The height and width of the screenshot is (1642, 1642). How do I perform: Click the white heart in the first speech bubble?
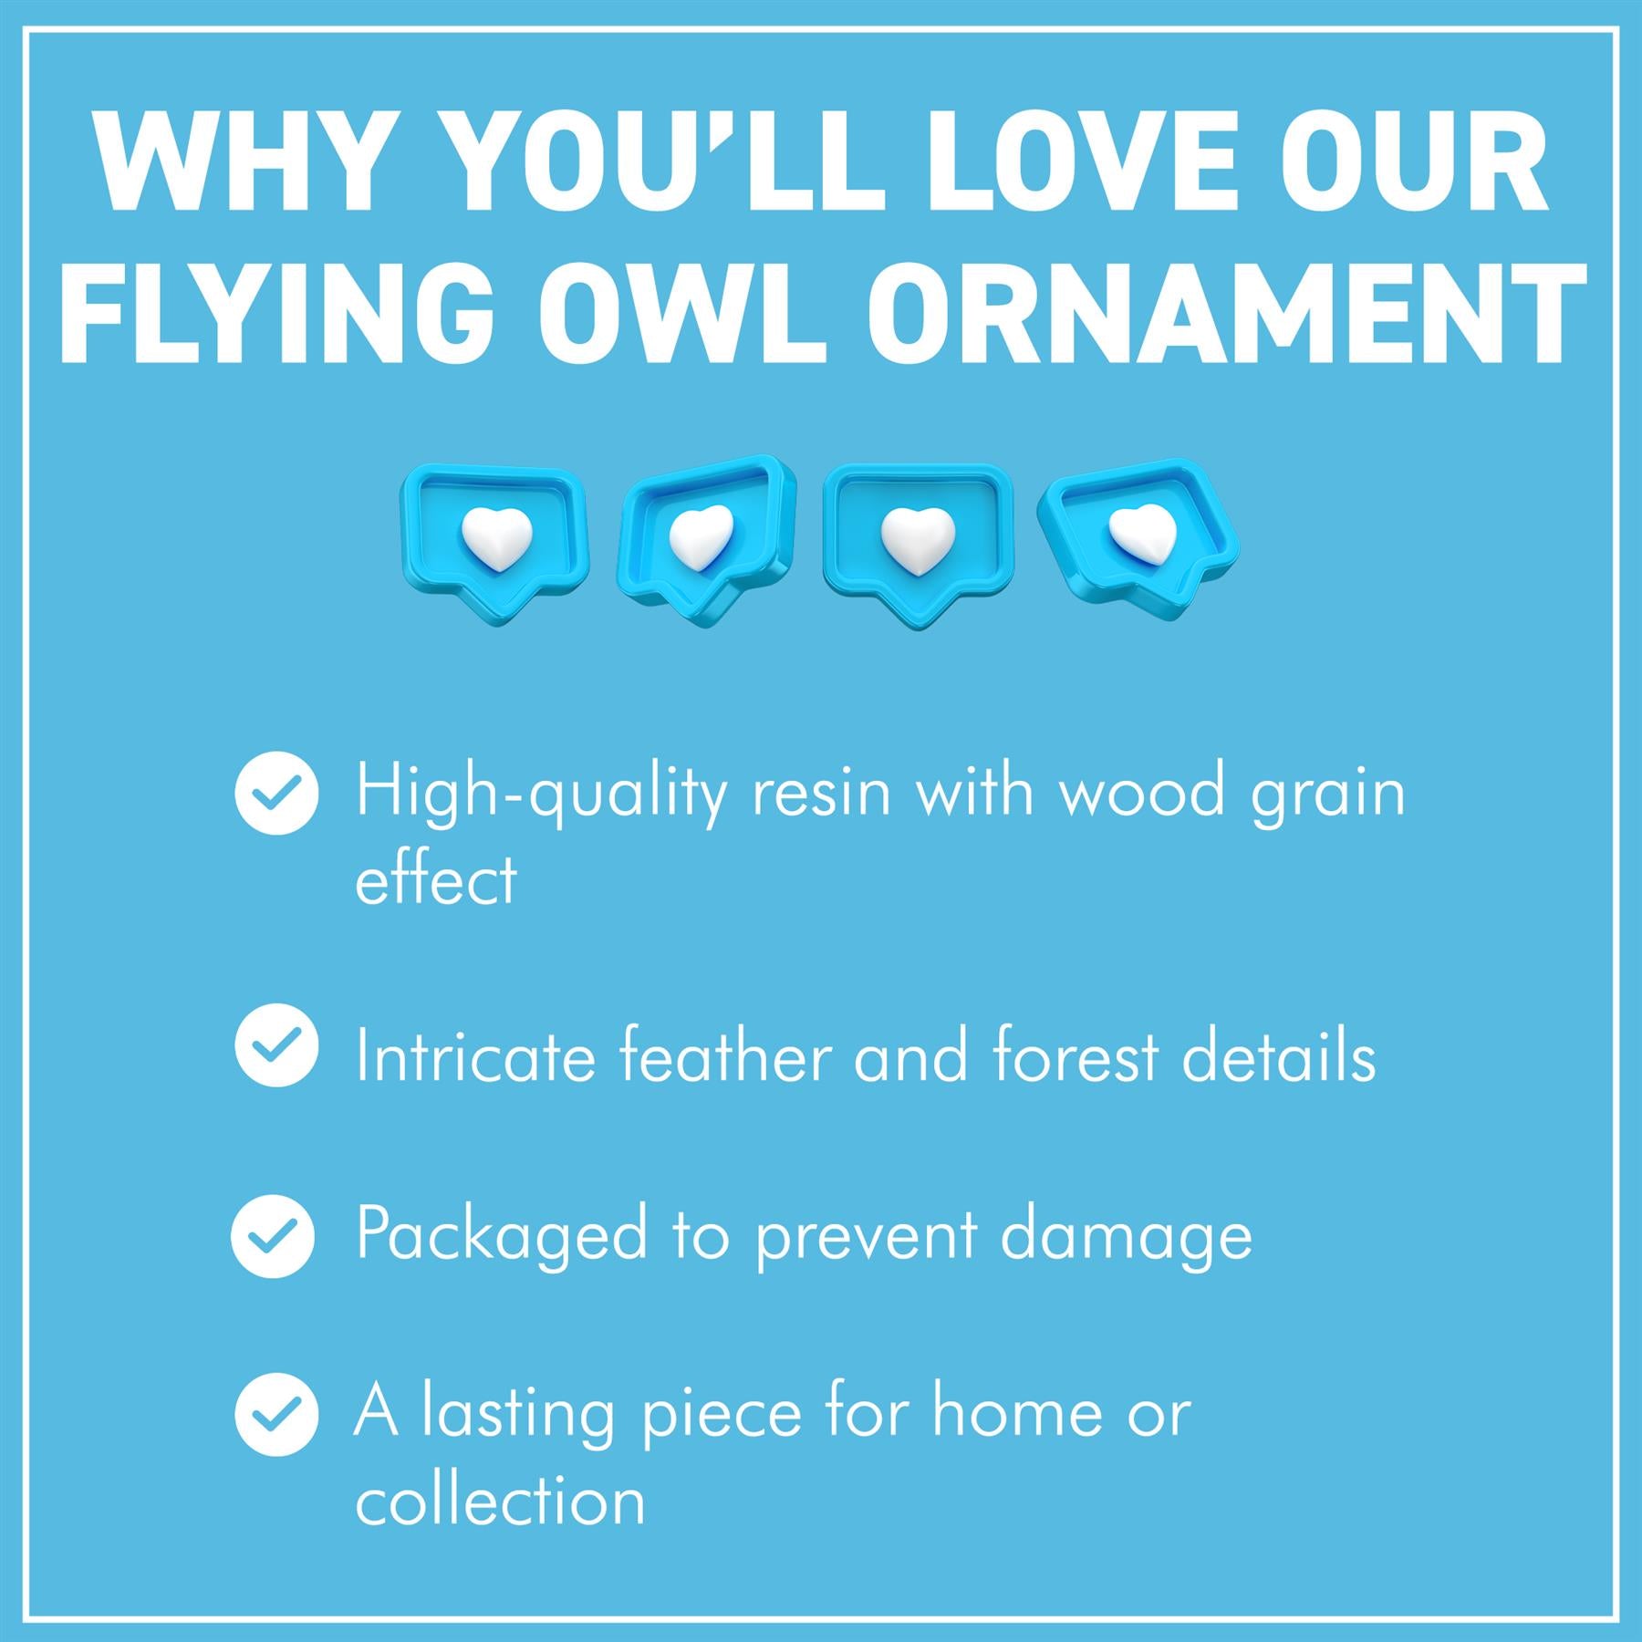tap(496, 540)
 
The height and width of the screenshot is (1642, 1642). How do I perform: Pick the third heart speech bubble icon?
tap(918, 546)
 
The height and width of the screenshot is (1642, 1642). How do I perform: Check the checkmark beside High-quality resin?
tap(276, 793)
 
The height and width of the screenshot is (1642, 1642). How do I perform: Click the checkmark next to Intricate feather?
tap(276, 1045)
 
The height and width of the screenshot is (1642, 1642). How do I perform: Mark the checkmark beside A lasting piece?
tap(276, 1414)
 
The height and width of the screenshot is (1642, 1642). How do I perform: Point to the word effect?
tap(436, 878)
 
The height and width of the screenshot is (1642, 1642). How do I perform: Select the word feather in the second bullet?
tap(725, 1055)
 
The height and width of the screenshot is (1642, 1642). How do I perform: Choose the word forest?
tap(1076, 1055)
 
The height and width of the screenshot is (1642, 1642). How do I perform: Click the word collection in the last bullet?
tap(500, 1501)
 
